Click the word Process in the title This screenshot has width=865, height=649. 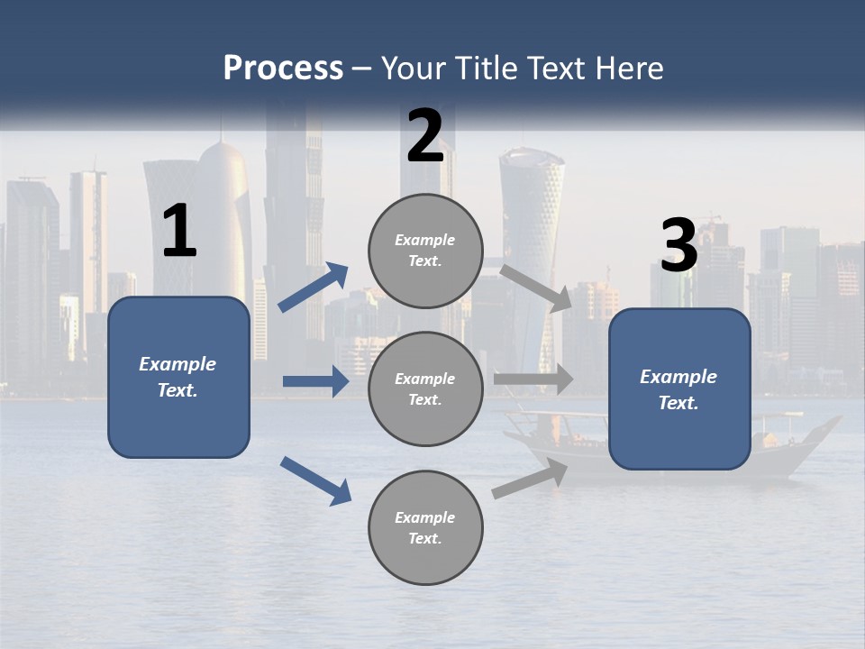(x=283, y=69)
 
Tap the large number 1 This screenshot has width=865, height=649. (x=179, y=232)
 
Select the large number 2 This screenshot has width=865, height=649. (x=425, y=136)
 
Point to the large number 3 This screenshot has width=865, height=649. (x=678, y=246)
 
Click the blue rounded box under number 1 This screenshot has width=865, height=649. (x=178, y=377)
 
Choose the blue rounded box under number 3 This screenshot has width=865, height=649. (x=679, y=388)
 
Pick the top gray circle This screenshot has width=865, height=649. (x=425, y=251)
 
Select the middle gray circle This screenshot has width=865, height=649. (x=425, y=388)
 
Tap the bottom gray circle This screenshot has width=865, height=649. (x=425, y=527)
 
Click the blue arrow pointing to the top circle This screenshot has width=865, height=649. (x=313, y=288)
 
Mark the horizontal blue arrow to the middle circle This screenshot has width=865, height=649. (x=315, y=381)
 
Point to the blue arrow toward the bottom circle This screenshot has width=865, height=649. (x=315, y=480)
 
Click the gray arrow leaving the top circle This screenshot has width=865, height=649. (x=536, y=288)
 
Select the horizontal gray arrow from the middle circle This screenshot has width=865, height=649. (x=533, y=379)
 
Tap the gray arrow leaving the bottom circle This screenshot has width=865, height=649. (x=530, y=479)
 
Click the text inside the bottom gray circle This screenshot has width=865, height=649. (x=425, y=527)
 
